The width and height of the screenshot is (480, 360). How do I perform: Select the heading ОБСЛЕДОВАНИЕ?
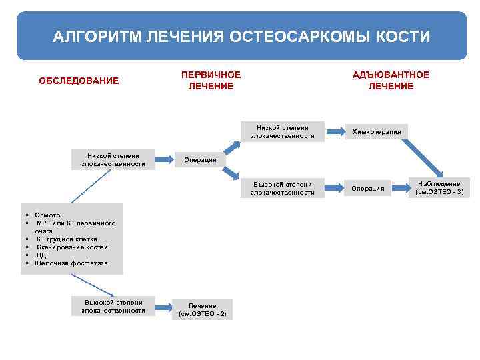tap(79, 81)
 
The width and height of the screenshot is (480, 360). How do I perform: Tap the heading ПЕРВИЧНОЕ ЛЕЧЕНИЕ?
tap(211, 81)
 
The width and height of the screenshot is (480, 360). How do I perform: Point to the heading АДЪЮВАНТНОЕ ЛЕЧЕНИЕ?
tap(391, 81)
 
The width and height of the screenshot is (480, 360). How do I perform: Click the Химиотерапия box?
tap(377, 132)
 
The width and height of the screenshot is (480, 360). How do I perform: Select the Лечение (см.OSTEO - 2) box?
tap(202, 309)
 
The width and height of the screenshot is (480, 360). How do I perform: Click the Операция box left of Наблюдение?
tap(368, 189)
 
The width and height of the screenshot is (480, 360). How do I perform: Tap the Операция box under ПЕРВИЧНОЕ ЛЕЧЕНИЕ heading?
tap(200, 160)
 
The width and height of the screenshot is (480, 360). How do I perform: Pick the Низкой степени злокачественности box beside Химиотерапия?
tap(283, 131)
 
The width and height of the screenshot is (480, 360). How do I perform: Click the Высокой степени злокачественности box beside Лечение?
tap(113, 306)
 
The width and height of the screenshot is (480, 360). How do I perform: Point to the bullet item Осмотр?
tap(47, 215)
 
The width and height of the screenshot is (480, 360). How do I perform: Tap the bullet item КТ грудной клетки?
tap(67, 239)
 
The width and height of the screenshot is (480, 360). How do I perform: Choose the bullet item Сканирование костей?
tap(72, 247)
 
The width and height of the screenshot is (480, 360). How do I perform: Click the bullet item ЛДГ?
tap(43, 255)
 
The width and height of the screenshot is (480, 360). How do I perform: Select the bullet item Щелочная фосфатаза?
tap(71, 263)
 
